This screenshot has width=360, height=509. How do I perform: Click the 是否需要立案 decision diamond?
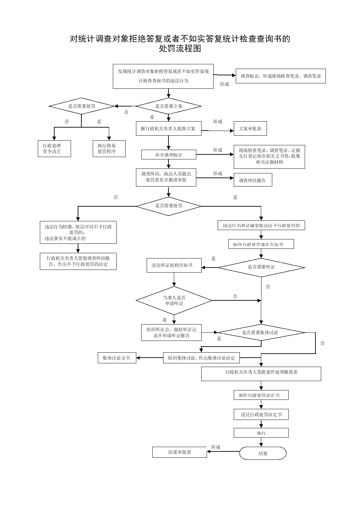point(169,106)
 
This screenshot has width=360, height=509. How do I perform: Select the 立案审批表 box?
point(250,129)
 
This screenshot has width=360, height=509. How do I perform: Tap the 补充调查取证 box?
point(169,154)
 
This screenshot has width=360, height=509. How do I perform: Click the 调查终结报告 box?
point(253,180)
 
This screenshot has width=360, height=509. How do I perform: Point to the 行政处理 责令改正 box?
point(54,149)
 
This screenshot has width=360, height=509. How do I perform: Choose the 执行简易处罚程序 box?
point(109,149)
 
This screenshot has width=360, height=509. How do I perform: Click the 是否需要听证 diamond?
point(261,268)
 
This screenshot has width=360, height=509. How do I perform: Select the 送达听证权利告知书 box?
point(174,265)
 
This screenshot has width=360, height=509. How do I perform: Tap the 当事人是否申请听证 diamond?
point(174,300)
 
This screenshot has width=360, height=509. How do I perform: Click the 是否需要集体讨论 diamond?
point(261,333)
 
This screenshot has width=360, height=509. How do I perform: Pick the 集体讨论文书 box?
point(117,358)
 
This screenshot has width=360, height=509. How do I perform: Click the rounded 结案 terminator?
point(263,453)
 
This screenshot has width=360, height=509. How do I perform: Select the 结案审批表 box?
point(179,452)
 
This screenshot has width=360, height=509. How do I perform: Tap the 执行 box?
point(261,433)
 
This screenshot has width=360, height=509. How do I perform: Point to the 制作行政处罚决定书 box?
point(261,395)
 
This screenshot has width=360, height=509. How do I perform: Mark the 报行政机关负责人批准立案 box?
point(169,129)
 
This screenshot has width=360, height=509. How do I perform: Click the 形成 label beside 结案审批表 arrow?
point(216,447)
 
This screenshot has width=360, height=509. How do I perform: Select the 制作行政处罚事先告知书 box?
point(261,244)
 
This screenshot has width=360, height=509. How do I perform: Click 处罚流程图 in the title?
point(180,49)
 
